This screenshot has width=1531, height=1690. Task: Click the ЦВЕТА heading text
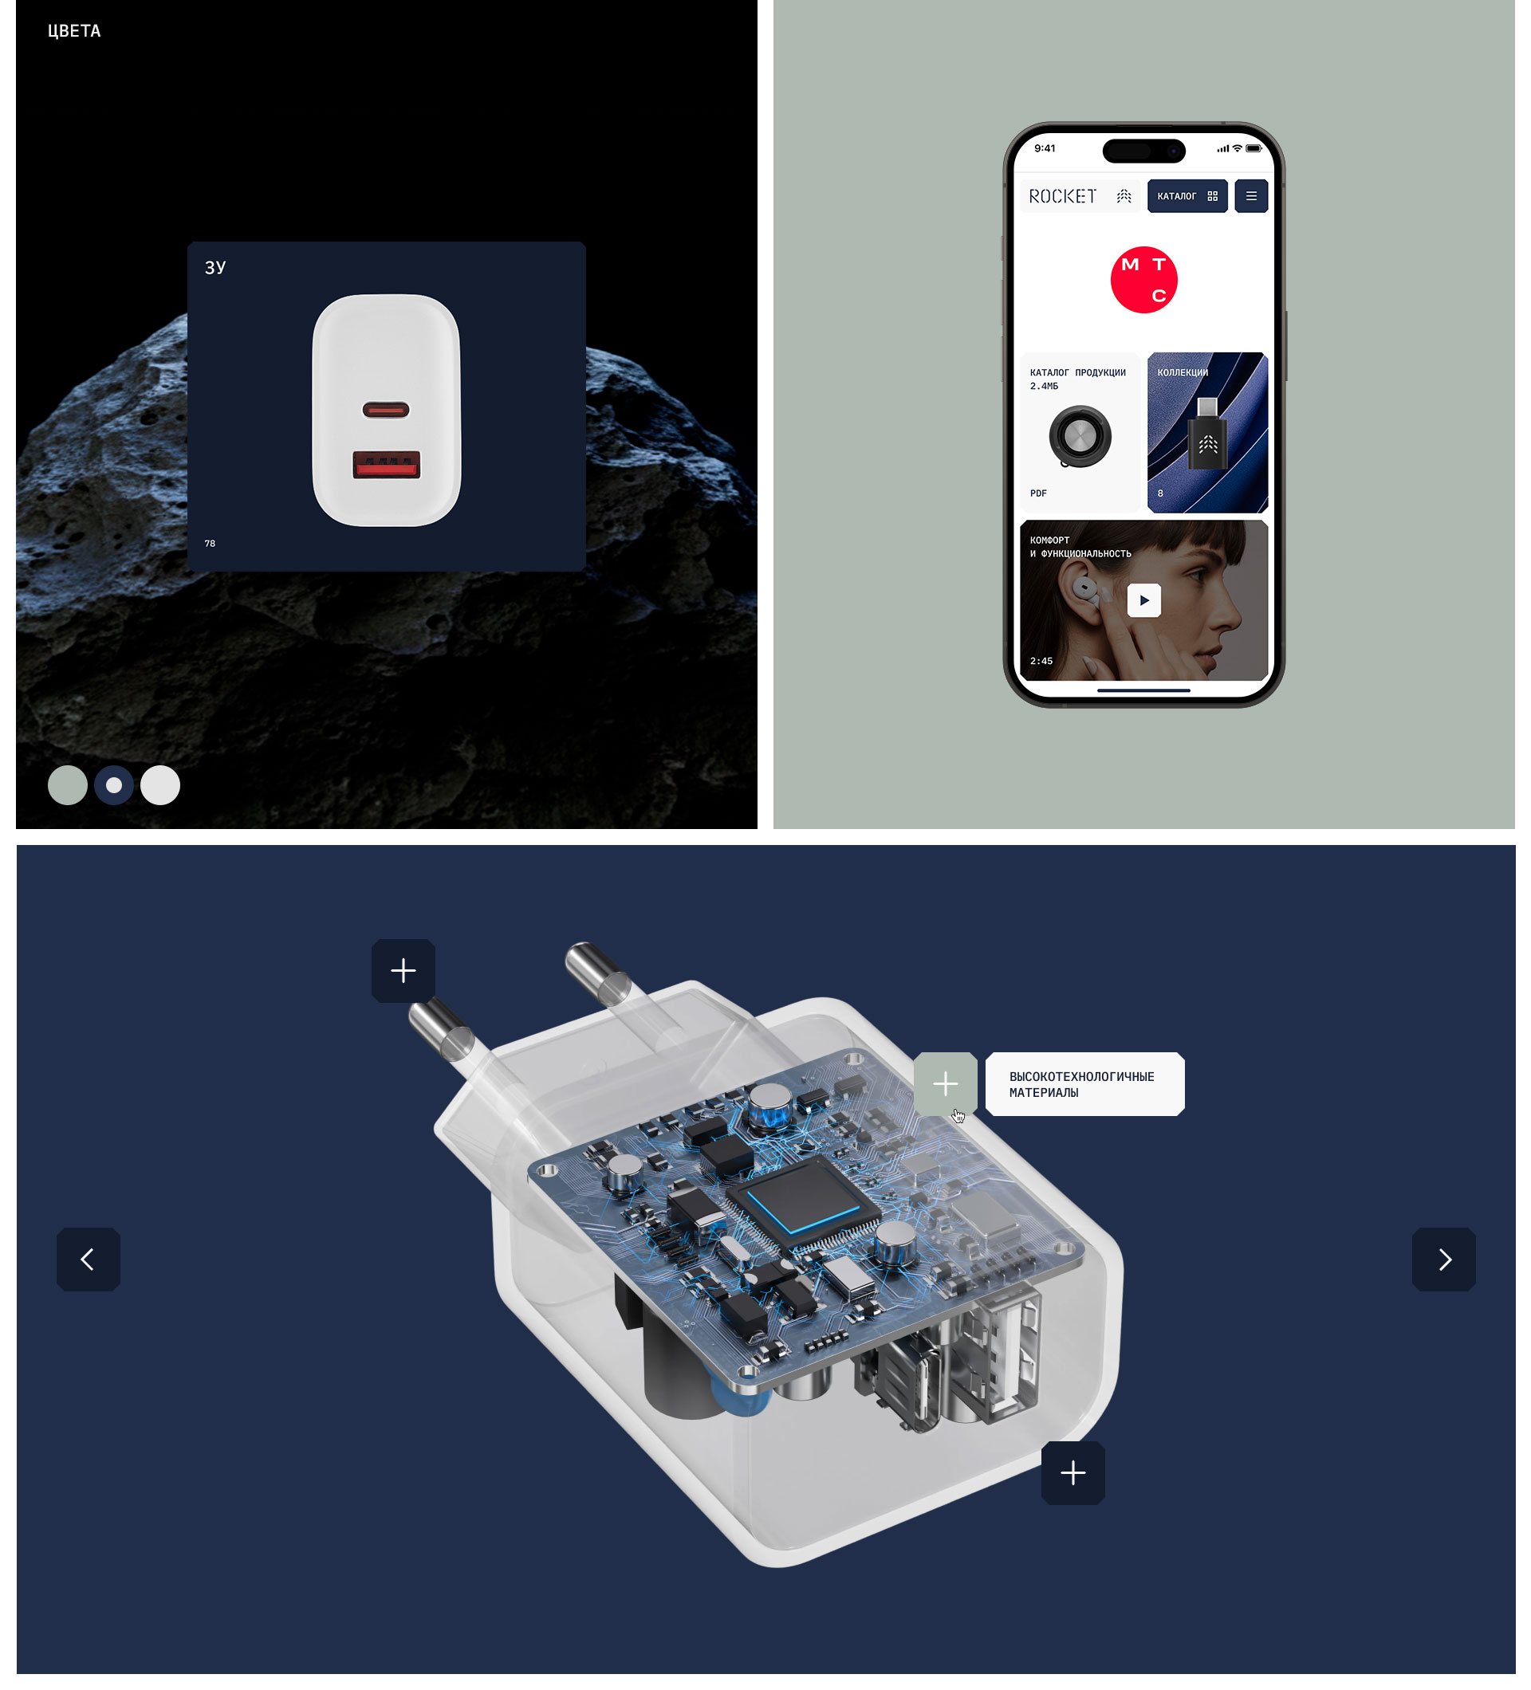coord(74,31)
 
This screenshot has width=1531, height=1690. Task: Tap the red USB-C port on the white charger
coord(386,410)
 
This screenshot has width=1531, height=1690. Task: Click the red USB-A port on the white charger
coord(386,465)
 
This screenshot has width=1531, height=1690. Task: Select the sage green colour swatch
coord(68,785)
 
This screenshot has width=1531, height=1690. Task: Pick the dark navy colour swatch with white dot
coord(114,785)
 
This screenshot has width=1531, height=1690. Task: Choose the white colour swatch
coord(160,785)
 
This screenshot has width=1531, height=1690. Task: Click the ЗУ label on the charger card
coord(214,267)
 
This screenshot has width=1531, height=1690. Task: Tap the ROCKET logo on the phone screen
coord(1062,196)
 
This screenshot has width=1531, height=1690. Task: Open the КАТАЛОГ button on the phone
coord(1187,196)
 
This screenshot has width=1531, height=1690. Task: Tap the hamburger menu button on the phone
coord(1251,196)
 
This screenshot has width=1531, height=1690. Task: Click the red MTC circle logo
coord(1143,280)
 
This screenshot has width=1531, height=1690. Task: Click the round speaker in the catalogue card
coord(1080,437)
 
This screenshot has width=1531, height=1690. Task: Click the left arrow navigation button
coord(88,1259)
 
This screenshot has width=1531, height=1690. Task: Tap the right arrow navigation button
coord(1444,1259)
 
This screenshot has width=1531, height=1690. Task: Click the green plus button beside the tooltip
coord(945,1084)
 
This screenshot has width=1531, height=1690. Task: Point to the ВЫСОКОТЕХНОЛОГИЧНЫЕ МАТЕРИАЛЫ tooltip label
coord(1084,1084)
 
